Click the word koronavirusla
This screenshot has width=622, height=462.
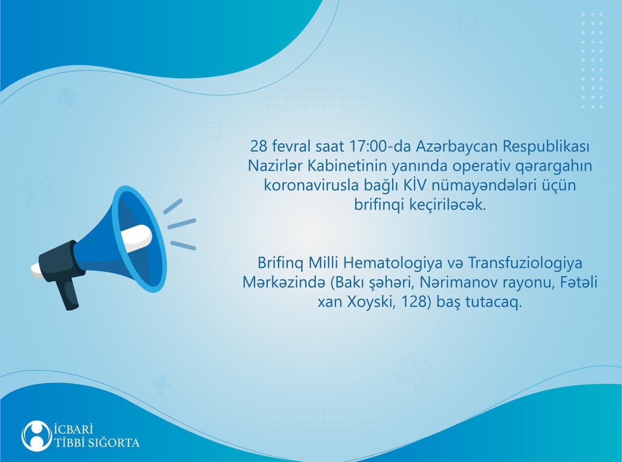(x=311, y=186)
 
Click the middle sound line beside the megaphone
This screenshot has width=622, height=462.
(x=182, y=223)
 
